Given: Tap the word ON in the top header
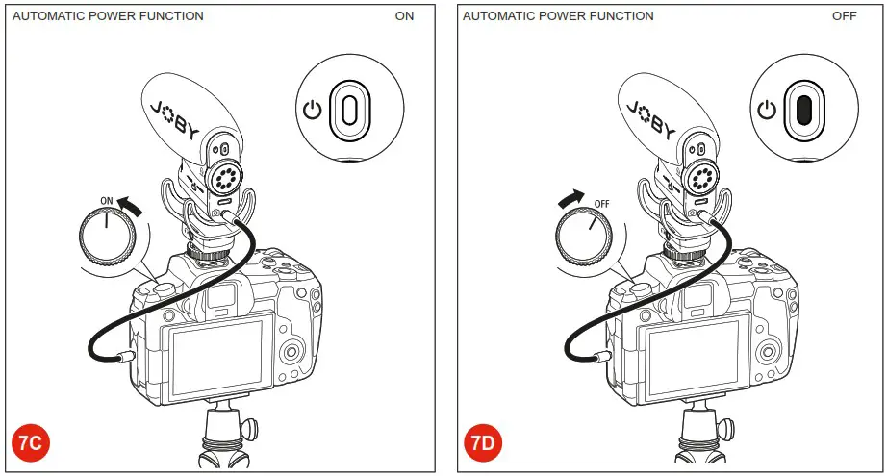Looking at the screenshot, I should (x=404, y=16).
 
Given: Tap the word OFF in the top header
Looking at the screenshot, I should (x=844, y=16).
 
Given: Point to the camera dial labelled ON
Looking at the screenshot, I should (x=106, y=236).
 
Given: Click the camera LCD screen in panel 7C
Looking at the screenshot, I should (x=216, y=359).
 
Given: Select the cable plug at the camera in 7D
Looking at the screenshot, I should (x=598, y=358).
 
